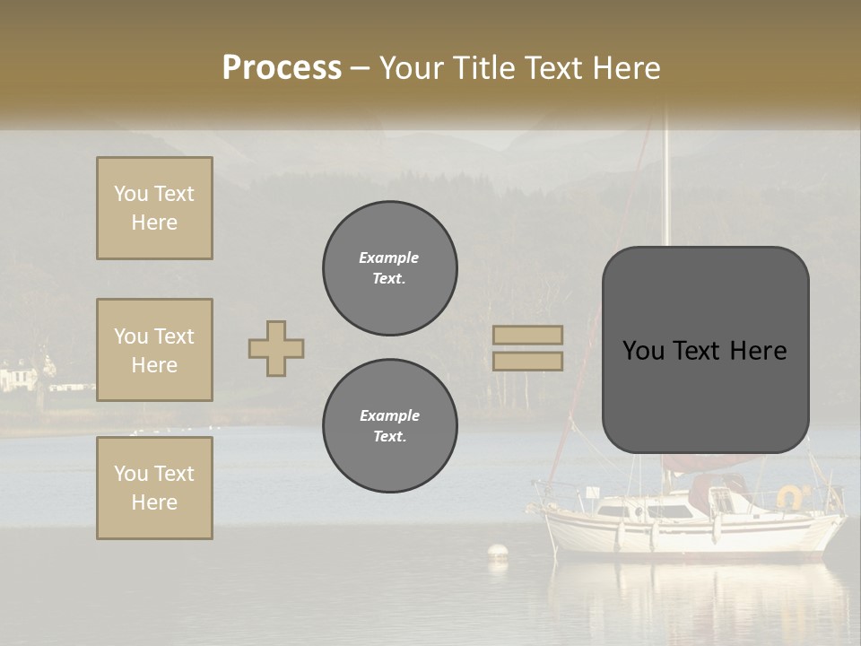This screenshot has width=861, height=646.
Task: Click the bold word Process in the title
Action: coord(282,68)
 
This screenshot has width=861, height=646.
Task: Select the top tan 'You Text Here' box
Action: coord(154,208)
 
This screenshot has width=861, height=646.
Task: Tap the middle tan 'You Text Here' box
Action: coord(154,350)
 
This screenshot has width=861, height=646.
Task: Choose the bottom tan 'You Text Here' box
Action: coord(154,488)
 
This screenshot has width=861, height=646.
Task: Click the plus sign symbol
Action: coord(276,348)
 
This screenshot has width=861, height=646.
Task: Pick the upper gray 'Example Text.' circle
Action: coord(389,268)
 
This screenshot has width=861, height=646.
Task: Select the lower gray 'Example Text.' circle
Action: coord(389,426)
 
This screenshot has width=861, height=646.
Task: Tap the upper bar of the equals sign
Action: coord(528,335)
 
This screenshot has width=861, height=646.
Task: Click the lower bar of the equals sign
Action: coord(528,361)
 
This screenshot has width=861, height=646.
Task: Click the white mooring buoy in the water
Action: coord(497,553)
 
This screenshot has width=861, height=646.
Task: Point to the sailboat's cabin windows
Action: coord(641,511)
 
